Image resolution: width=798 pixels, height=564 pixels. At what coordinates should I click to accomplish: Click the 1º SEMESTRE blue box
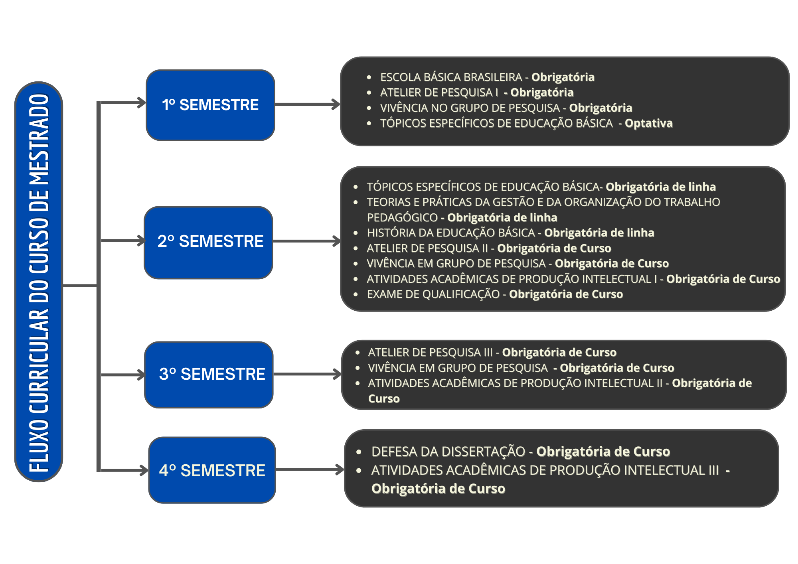point(210,105)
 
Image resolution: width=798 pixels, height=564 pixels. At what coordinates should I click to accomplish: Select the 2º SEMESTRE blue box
point(208,243)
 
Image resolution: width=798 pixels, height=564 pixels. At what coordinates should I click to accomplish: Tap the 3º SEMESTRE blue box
point(209,375)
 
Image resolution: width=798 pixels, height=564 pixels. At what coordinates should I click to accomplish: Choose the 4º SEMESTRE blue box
point(212,470)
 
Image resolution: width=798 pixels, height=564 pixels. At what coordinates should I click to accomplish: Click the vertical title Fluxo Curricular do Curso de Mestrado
point(39,282)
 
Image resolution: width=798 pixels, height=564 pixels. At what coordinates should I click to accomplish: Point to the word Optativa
point(648,123)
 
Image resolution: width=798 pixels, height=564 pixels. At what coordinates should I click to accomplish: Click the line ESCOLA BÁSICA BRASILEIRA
point(451,77)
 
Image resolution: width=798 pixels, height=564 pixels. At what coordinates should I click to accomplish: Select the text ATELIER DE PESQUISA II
point(427,248)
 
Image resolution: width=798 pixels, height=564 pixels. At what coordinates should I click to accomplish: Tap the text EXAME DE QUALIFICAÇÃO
point(433,294)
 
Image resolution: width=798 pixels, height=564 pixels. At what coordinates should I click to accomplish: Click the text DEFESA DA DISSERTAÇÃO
point(448,452)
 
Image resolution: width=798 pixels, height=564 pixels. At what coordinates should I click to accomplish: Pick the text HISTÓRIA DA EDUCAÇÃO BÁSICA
point(450,233)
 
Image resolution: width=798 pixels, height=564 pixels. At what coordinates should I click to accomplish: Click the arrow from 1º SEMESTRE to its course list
point(308,105)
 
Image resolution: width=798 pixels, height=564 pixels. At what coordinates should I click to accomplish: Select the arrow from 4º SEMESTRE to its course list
point(310,469)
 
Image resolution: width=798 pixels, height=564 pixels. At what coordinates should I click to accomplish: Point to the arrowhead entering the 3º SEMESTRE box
point(141,375)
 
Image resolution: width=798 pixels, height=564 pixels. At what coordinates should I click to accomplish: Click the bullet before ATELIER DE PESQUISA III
point(358,353)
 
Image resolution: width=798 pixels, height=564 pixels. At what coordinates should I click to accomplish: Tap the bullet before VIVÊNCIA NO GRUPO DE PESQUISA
point(369,108)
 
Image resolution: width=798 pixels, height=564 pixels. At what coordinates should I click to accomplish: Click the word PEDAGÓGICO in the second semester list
point(402,217)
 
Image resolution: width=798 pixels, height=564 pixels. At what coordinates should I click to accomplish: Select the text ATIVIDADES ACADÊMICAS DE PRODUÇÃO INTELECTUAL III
point(545,470)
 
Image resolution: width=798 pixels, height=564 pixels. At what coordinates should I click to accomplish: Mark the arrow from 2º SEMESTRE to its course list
point(307,241)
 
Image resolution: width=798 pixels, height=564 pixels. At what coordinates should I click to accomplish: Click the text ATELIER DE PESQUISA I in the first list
point(439,93)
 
